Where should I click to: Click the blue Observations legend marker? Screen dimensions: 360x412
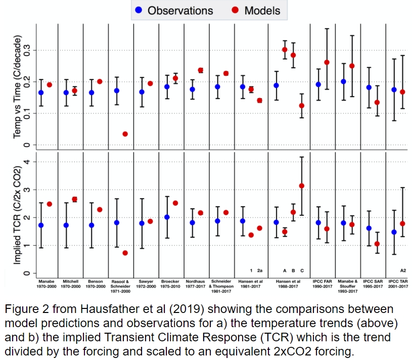(x=139, y=10)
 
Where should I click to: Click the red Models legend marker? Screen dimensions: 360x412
(x=236, y=10)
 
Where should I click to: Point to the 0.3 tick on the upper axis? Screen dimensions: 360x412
(x=29, y=50)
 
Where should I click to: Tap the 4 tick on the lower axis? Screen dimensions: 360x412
(x=29, y=162)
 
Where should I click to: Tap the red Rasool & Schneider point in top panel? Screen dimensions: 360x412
(x=125, y=134)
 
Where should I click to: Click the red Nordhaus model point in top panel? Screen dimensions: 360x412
(x=200, y=70)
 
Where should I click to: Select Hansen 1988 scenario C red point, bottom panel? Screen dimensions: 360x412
(x=302, y=186)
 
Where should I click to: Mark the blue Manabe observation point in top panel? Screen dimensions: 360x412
(x=41, y=93)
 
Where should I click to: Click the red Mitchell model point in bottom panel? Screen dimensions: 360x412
(x=74, y=199)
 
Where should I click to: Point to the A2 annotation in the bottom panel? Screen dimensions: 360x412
(x=403, y=271)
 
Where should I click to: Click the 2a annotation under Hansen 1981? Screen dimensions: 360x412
(x=259, y=271)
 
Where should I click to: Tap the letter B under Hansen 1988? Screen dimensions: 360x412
(x=293, y=271)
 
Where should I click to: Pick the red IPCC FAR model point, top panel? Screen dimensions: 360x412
(x=327, y=62)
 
